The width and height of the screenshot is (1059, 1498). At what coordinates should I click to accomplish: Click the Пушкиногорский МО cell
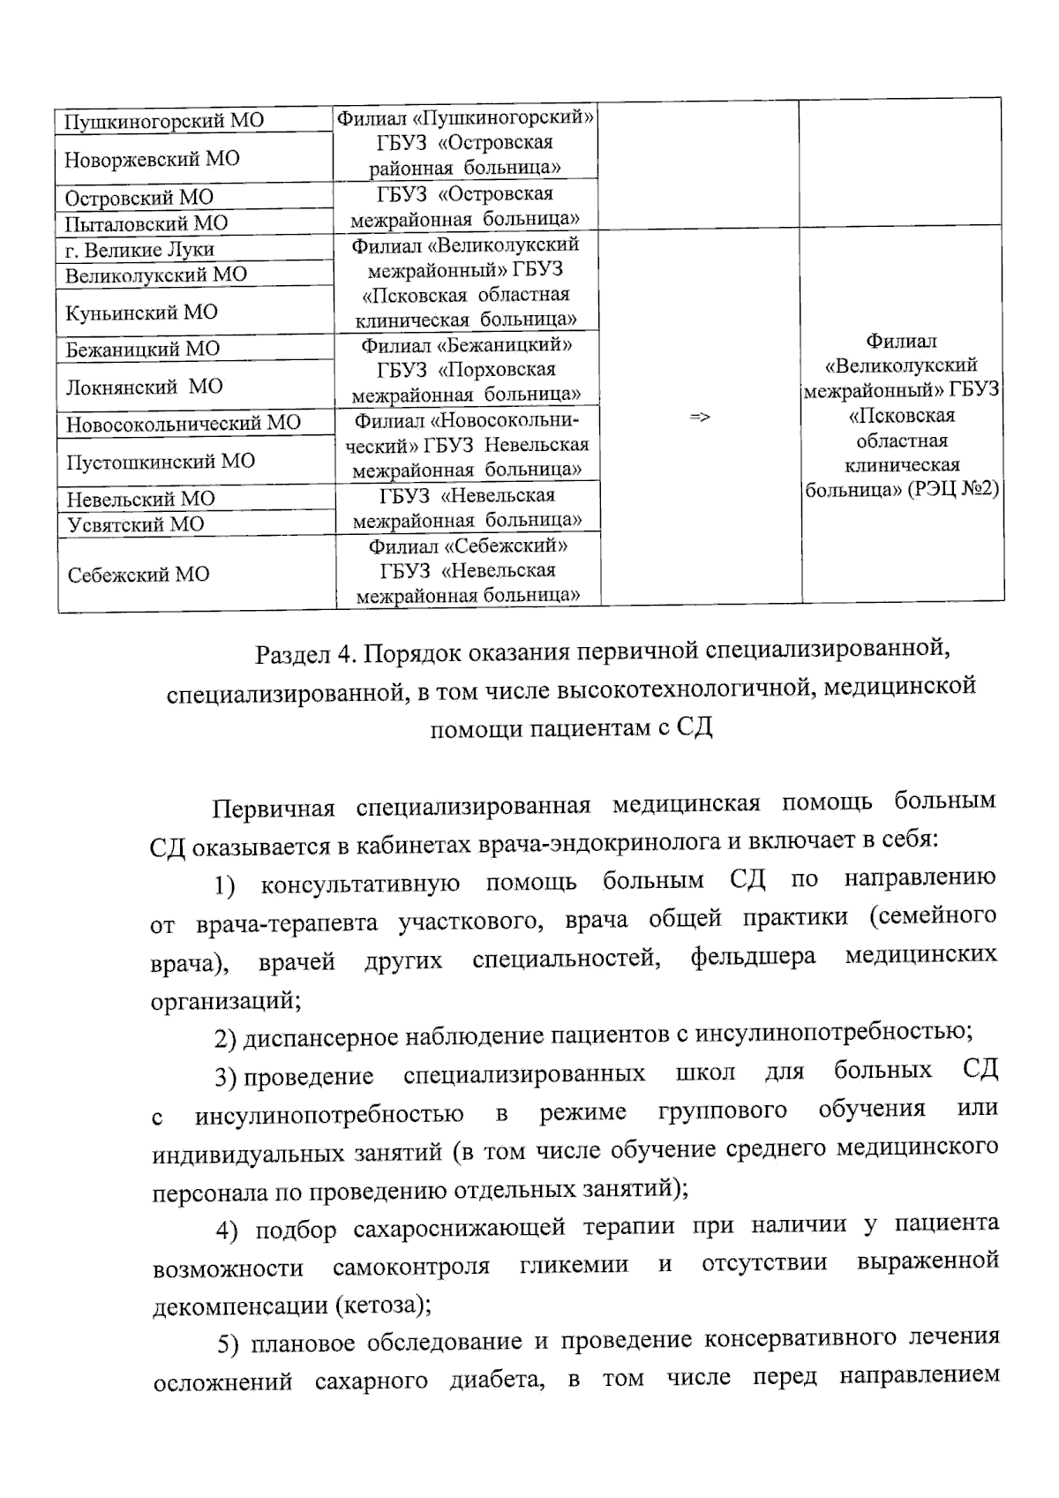164,121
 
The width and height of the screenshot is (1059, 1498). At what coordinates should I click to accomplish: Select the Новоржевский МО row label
152,159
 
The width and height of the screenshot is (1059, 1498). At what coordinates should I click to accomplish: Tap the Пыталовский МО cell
146,222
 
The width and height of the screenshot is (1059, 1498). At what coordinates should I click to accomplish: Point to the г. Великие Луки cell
139,249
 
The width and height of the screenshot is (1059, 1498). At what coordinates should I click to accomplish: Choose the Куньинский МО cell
141,312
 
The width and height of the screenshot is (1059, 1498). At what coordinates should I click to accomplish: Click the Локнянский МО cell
144,386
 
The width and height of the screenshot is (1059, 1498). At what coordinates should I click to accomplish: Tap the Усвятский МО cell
134,524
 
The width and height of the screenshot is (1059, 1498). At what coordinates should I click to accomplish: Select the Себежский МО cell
138,575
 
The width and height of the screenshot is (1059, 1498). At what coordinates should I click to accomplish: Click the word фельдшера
753,957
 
